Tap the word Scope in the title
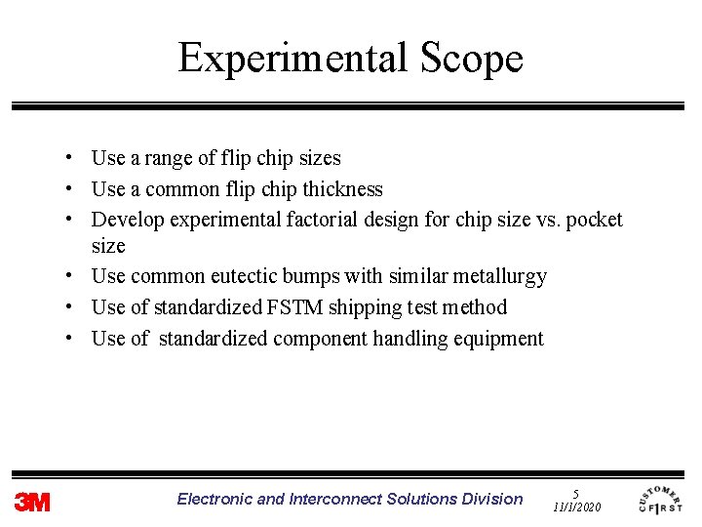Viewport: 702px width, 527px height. pos(471,59)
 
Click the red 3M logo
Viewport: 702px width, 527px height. pos(32,503)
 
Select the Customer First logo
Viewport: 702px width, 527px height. pos(660,499)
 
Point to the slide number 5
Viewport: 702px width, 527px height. pos(576,494)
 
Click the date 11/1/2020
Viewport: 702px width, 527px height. pos(577,508)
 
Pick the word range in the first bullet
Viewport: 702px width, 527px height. pos(157,158)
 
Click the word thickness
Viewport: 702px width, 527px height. pos(343,189)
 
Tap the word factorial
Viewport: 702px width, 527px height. pos(321,220)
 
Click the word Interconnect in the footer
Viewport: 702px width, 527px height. pos(335,499)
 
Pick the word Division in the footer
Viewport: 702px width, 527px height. pos(492,499)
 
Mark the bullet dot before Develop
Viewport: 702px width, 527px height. pos(72,220)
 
